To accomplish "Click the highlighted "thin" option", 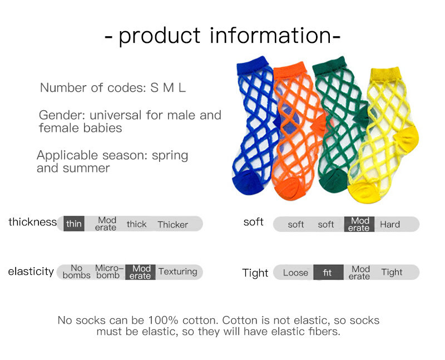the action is click(74, 224).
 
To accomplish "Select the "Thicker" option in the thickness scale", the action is click(172, 225).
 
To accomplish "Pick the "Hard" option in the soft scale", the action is click(390, 224).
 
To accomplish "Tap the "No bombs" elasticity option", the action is click(76, 272).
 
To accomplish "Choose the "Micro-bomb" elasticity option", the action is click(109, 272).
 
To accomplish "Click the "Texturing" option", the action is click(177, 272).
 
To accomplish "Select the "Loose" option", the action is click(295, 273).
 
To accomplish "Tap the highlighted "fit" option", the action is click(328, 272).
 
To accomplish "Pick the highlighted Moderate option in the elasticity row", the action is click(140, 272).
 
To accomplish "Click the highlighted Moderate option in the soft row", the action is click(359, 224).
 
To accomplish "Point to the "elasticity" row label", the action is click(31, 272).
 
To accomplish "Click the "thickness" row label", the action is click(32, 222).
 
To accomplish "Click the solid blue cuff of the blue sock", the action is click(252, 66).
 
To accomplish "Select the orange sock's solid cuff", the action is click(290, 71).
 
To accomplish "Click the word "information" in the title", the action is click(270, 36).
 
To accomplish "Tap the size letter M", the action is click(169, 88).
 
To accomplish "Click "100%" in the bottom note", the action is click(163, 320).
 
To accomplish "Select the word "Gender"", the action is click(62, 115).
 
